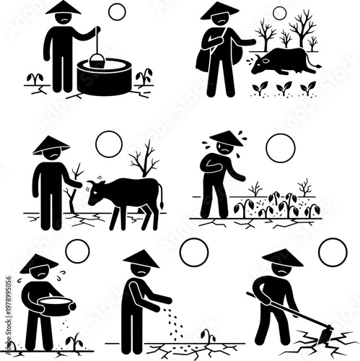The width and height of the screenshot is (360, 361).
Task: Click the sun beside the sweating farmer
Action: [x=280, y=148]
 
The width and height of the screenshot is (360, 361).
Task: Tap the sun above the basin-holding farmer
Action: [x=77, y=251]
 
